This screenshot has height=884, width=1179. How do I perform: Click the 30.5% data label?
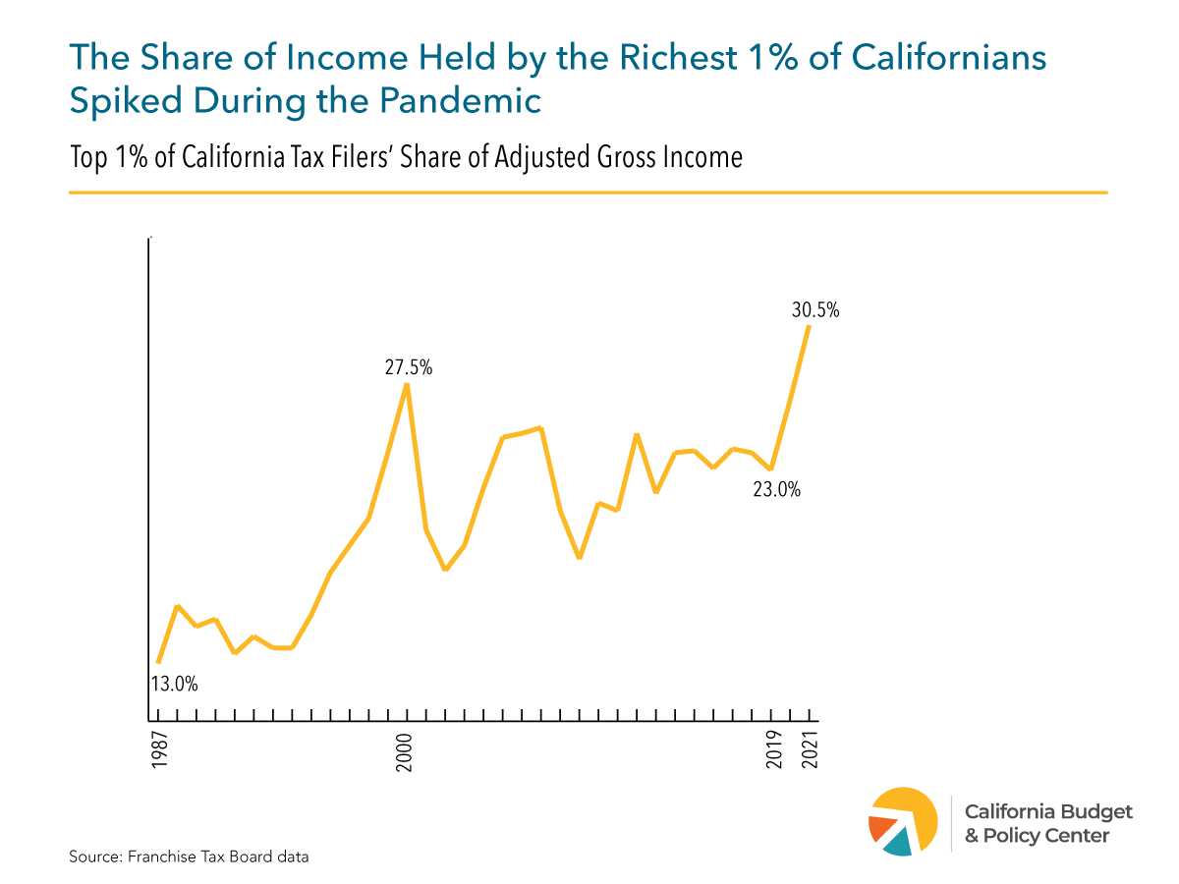815,310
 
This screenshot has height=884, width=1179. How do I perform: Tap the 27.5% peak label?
408,368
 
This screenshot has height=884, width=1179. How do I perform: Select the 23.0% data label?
776,488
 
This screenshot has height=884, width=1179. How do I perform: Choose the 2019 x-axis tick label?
773,750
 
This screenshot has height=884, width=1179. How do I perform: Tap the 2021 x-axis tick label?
811,750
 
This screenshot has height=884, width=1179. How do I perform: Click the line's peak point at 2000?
407,384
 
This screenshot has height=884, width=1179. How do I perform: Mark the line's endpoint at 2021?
809,326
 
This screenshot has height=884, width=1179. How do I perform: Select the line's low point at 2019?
771,470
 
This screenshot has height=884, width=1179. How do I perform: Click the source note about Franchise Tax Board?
189,856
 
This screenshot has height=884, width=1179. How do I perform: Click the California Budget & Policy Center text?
1047,823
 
